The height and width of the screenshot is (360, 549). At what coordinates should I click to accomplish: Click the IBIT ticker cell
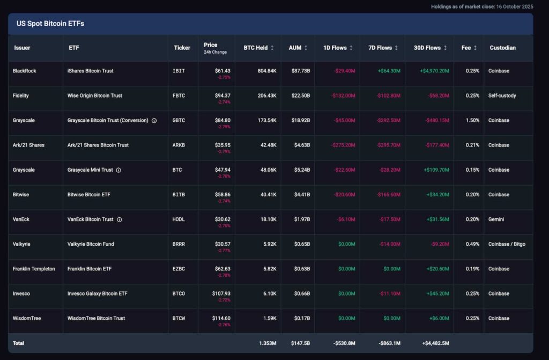click(x=179, y=71)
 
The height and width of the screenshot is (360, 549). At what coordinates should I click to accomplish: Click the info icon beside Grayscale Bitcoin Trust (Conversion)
click(x=154, y=121)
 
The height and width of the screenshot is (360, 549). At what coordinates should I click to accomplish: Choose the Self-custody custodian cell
click(x=502, y=95)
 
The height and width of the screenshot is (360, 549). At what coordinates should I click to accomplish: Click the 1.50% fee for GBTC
click(x=472, y=120)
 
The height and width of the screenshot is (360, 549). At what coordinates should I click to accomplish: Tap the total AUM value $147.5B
click(x=300, y=343)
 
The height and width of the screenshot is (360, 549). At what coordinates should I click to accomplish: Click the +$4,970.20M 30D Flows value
click(x=431, y=71)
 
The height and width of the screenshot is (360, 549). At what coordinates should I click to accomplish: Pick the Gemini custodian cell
click(x=496, y=219)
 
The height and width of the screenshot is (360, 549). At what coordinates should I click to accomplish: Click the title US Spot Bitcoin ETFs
click(x=50, y=24)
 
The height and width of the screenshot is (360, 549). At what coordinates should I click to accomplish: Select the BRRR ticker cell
click(x=180, y=244)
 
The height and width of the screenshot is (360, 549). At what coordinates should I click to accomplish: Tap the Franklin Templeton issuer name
click(x=34, y=269)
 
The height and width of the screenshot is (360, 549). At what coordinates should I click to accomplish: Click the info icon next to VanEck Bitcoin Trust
click(x=120, y=219)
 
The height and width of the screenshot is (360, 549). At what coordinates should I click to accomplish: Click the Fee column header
click(x=469, y=48)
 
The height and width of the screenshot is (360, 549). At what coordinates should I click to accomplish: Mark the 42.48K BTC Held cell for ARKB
click(x=267, y=145)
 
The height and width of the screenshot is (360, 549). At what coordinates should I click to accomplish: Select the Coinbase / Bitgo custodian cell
click(x=507, y=244)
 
